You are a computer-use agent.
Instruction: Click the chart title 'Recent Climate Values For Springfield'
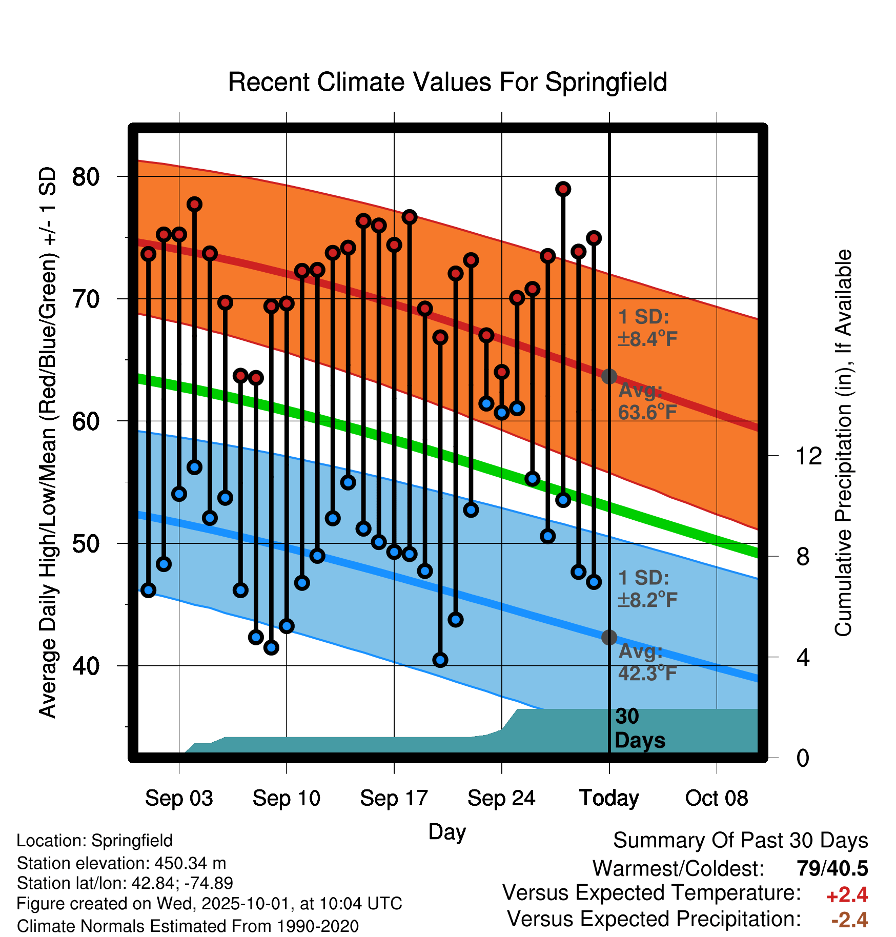(447, 82)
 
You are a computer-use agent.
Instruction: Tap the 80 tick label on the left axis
(86, 177)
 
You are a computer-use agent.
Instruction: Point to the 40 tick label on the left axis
(86, 666)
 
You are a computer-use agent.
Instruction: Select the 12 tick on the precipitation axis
(808, 456)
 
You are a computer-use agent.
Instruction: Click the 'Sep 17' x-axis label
(394, 798)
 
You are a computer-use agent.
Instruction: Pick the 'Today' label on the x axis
(609, 798)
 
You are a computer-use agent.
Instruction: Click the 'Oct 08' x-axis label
(717, 798)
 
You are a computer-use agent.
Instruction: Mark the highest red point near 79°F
(563, 189)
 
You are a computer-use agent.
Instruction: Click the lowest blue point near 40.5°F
(440, 660)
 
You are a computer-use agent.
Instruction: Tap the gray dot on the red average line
(609, 376)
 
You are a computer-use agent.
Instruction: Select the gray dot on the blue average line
(609, 638)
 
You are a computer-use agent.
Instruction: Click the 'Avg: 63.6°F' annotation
(647, 401)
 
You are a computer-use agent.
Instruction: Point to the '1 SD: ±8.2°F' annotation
(647, 589)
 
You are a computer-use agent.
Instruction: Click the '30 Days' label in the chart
(639, 728)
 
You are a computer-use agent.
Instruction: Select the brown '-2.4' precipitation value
(849, 920)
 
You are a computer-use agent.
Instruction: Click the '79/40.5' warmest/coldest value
(832, 869)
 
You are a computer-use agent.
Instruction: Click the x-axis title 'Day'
(447, 831)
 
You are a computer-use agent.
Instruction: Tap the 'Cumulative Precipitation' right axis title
(843, 443)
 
